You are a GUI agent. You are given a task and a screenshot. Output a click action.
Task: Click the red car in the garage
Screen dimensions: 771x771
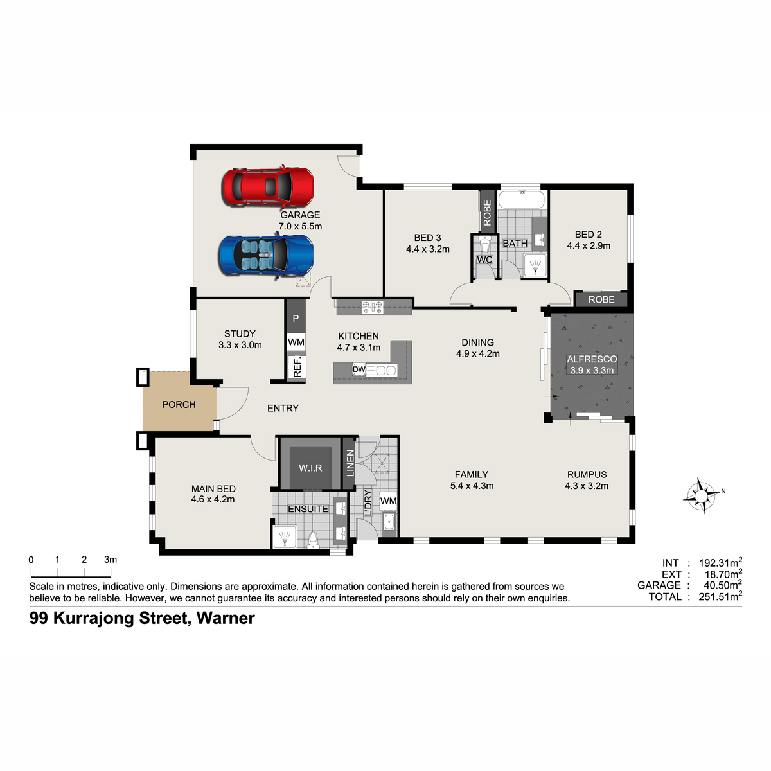tap(268, 186)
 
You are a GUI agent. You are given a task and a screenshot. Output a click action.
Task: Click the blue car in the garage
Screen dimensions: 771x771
tap(266, 255)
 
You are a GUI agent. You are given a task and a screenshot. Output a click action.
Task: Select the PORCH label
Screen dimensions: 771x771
tap(179, 405)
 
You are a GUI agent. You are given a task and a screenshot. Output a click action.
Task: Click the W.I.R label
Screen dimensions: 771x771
tap(310, 468)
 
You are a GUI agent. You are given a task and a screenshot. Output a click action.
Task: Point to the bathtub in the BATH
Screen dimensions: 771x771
tap(521, 199)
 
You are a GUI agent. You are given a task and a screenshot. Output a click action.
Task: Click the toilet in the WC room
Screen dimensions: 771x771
tap(485, 244)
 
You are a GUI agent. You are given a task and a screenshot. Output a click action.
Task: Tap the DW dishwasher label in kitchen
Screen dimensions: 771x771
tap(359, 369)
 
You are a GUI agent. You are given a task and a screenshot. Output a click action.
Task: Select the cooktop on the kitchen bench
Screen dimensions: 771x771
tap(373, 307)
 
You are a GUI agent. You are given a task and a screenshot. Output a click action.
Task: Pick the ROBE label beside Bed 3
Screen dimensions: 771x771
tap(487, 213)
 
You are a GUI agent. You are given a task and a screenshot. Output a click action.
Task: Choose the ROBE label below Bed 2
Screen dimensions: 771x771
tap(601, 299)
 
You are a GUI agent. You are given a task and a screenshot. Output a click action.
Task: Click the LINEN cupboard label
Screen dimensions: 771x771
tap(351, 463)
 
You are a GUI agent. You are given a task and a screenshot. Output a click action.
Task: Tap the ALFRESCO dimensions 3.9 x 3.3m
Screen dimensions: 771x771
tap(592, 370)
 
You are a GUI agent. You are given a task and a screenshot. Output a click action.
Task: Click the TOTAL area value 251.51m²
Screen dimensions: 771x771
tap(720, 596)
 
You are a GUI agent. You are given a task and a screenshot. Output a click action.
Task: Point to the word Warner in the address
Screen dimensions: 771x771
tap(226, 618)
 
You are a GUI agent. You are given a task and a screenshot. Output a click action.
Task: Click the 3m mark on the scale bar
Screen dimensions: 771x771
tap(111, 560)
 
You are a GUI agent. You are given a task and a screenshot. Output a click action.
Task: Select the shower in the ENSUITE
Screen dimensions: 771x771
tap(285, 536)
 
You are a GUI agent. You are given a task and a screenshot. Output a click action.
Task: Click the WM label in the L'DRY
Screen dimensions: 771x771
tap(388, 501)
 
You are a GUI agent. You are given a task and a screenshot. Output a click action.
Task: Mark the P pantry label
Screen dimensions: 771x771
tap(296, 319)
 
